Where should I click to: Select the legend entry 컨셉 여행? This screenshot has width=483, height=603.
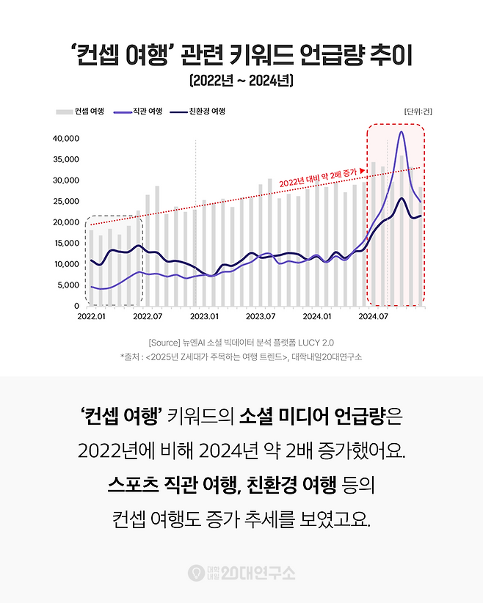coord(80,112)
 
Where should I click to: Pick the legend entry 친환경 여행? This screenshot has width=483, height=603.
coord(197,112)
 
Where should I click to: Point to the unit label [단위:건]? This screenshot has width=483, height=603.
coord(418,112)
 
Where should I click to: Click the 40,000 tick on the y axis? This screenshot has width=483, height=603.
coord(65,138)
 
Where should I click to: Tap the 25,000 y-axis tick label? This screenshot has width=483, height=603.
coord(65,201)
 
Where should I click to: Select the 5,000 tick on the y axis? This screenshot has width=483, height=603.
coord(68,285)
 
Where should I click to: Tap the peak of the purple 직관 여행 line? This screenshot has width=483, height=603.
coord(402,132)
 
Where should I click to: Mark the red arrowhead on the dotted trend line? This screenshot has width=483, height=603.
coord(363,170)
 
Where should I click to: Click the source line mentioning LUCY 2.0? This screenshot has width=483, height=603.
coord(241,342)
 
